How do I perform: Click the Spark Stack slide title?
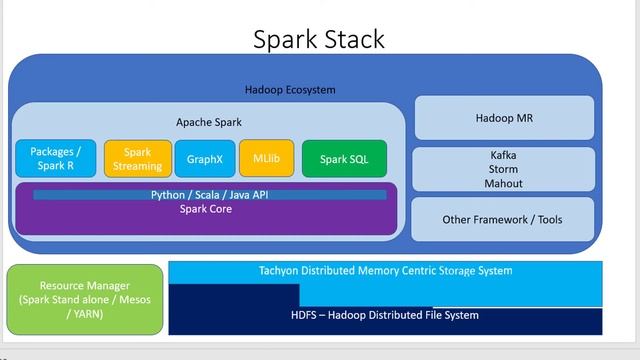pos(319,39)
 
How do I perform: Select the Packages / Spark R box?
pos(56,158)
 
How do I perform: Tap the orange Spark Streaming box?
pos(137,159)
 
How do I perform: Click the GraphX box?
pos(205,159)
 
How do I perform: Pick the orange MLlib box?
pos(266,158)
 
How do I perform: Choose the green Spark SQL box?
pos(344,159)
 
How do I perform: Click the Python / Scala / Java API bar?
pos(210,194)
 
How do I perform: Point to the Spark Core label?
pos(206,209)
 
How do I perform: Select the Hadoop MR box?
pos(503,119)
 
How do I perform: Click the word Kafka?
pos(503,156)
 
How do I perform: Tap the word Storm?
pos(503,170)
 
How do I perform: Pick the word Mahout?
pos(503,184)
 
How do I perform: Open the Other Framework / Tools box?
pos(503,219)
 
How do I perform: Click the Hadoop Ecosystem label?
pos(290,90)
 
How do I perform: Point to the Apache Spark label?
pos(209,121)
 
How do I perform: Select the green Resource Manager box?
pos(84,298)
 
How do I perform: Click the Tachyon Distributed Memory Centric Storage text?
pos(385,271)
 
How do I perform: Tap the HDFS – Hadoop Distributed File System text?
pos(385,315)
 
